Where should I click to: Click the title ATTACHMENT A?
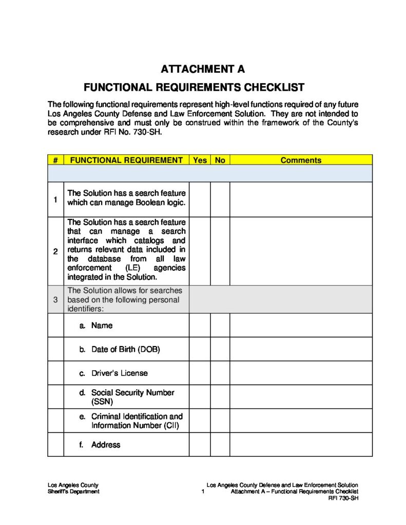coord(203,69)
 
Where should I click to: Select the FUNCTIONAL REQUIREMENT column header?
coord(126,160)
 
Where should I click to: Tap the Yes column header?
coord(200,160)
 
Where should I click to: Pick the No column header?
coord(220,160)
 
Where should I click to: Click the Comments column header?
coord(301,160)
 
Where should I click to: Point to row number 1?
coord(55,199)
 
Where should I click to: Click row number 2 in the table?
coord(55,251)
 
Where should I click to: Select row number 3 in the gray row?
coord(55,299)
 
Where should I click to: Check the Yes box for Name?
coord(200,326)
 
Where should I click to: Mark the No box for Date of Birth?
coord(220,349)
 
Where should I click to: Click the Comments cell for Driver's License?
coord(301,373)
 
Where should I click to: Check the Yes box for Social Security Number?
coord(200,397)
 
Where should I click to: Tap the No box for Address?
coord(220,445)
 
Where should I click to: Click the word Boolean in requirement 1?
coord(137,203)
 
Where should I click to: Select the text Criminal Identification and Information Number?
coord(137,421)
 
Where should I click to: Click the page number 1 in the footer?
coord(203,492)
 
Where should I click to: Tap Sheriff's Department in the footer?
coord(73,492)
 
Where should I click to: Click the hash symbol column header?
coord(55,160)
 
